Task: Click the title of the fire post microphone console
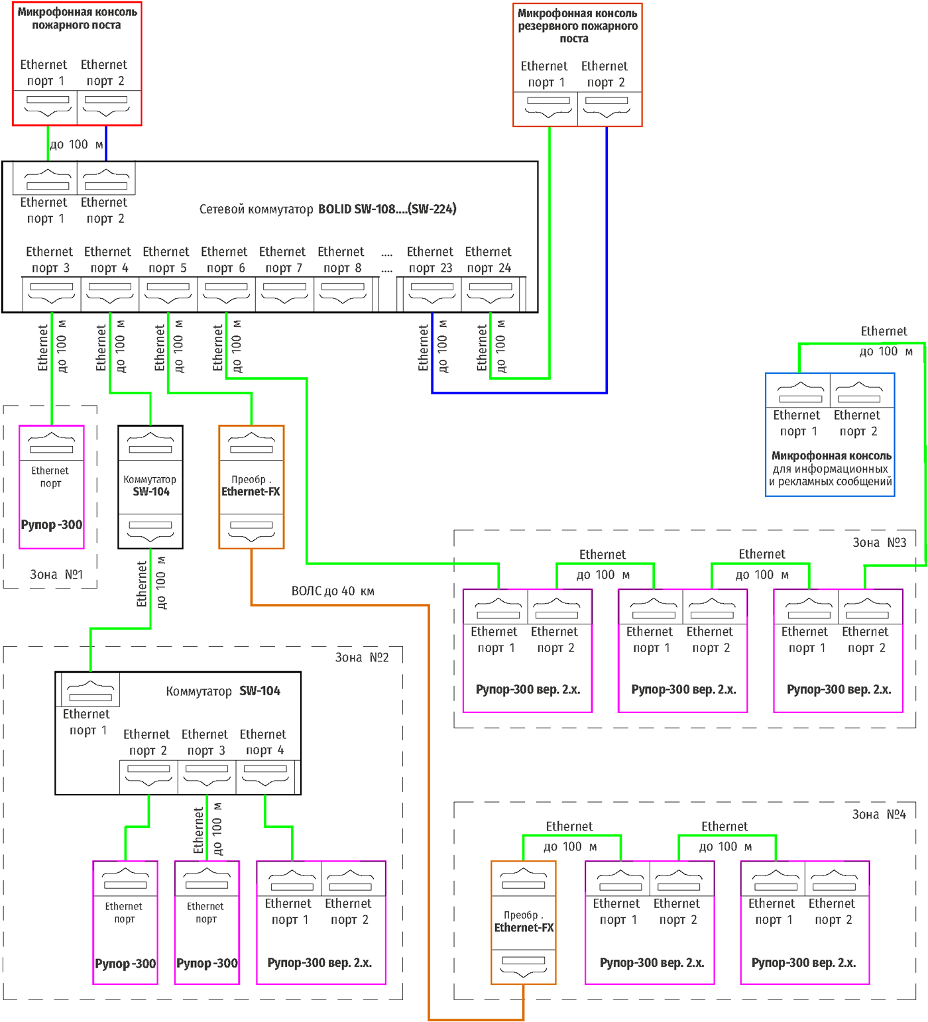[77, 19]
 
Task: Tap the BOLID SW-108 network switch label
[327, 209]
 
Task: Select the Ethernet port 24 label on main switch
[489, 260]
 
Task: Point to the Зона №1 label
[56, 575]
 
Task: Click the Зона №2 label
[362, 657]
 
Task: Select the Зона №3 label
[879, 543]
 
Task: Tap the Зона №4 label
[879, 815]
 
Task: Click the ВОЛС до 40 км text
[333, 591]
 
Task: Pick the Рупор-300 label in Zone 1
[52, 525]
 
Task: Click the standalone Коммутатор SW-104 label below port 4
[150, 486]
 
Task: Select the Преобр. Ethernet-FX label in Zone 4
[524, 921]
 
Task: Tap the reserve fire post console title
[577, 26]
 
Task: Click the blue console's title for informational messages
[831, 469]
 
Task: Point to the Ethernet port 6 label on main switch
[225, 260]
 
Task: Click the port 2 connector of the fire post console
[106, 106]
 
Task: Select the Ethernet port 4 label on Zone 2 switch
[263, 742]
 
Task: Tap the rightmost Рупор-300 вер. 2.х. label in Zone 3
[839, 689]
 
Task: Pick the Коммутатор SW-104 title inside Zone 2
[223, 691]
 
